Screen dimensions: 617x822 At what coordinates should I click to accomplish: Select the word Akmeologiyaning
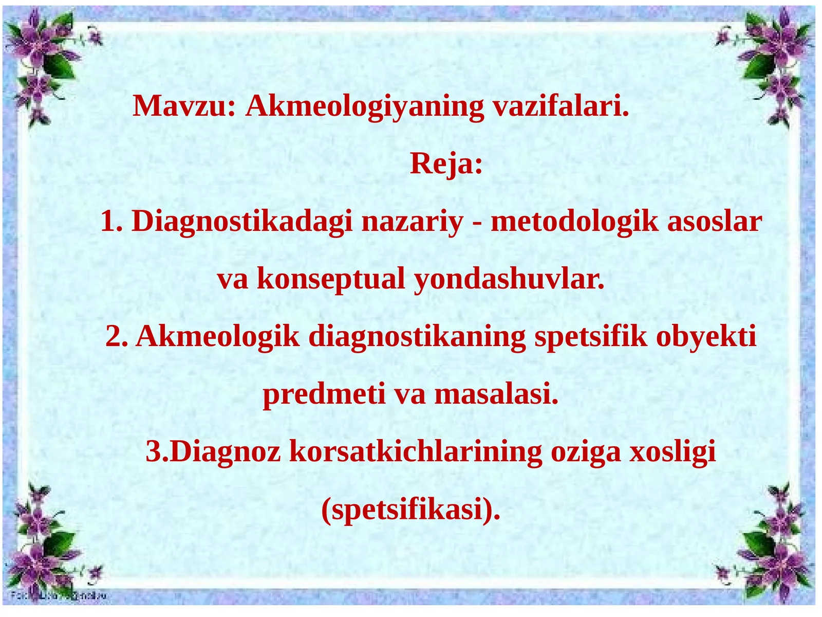tap(364, 107)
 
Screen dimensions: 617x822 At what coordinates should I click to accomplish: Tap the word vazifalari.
tap(561, 106)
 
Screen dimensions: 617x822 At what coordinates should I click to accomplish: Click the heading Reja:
tap(446, 165)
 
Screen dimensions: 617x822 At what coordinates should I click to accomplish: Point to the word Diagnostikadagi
tap(242, 223)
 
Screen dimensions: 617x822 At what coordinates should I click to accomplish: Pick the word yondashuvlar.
tap(509, 280)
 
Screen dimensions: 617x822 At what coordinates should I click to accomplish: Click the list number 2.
tap(116, 337)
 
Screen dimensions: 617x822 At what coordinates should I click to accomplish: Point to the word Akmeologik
tap(217, 337)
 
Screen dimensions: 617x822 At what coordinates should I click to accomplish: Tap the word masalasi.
tap(496, 395)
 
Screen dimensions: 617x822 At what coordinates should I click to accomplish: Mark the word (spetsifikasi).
tap(410, 511)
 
